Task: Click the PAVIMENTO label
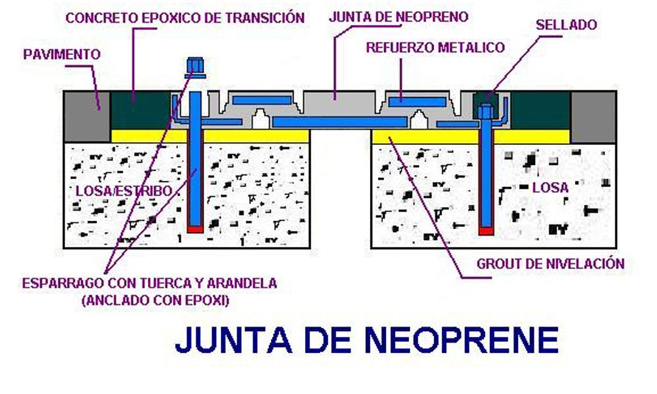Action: tap(62, 55)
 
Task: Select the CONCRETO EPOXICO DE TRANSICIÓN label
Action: tap(185, 18)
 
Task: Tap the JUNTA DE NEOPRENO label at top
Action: tap(399, 17)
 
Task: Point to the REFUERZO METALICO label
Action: tap(436, 47)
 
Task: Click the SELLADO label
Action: tap(566, 25)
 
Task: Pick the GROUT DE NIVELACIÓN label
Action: tap(551, 264)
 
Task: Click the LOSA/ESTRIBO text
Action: tap(124, 191)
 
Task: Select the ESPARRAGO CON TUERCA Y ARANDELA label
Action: tap(150, 283)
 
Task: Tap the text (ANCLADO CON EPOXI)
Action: tap(155, 300)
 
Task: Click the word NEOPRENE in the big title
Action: tap(461, 339)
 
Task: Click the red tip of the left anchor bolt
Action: tap(195, 229)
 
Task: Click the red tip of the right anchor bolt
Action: tap(486, 231)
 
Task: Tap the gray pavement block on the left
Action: tap(87, 117)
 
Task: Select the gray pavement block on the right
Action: tap(594, 117)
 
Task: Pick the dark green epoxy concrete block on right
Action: tap(541, 110)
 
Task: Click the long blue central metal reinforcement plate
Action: tap(340, 122)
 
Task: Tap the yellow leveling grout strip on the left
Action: tap(210, 136)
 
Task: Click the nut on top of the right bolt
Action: tap(486, 112)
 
